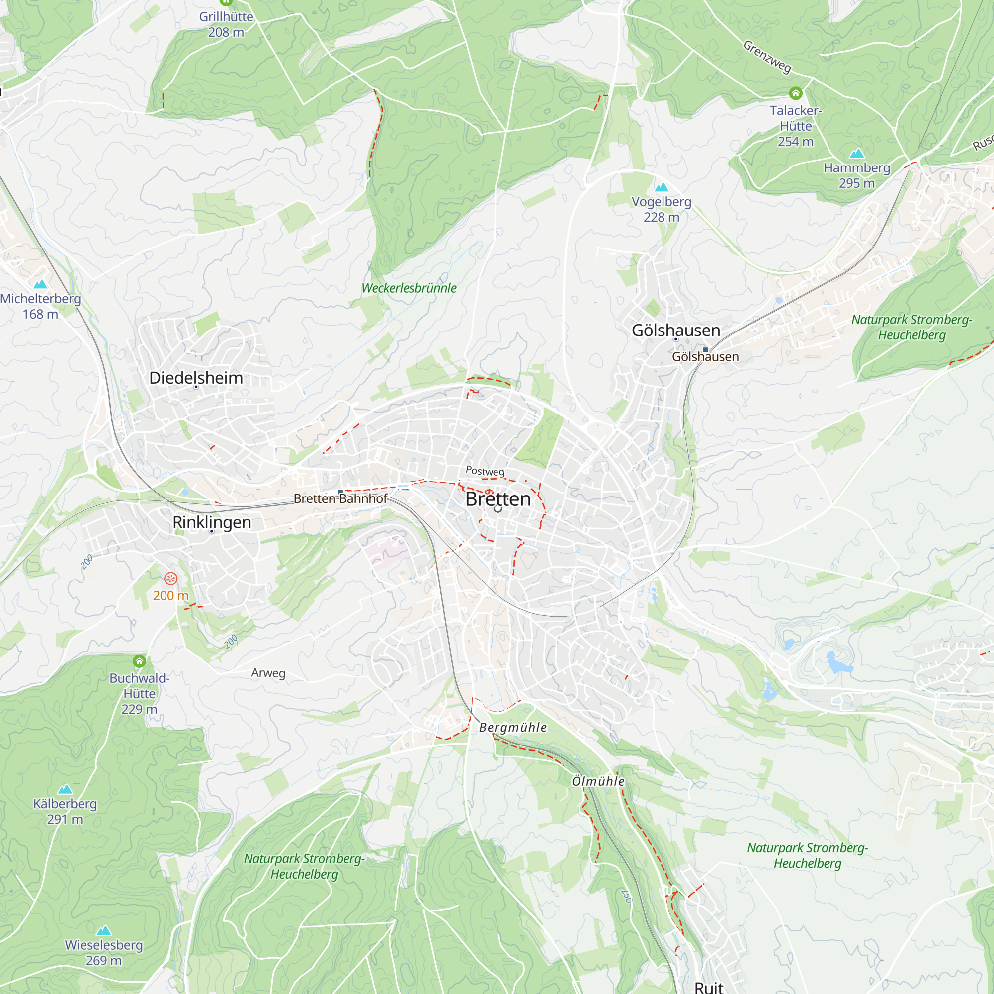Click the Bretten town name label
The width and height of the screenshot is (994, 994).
497,499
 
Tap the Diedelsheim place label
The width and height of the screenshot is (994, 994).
196,378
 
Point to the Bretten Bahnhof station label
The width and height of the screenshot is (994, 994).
340,498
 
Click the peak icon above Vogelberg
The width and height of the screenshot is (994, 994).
661,187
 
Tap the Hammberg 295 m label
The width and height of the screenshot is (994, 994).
857,175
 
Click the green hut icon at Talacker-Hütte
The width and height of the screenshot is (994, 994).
795,93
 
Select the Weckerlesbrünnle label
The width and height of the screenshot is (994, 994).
409,288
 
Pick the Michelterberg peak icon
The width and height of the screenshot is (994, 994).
40,284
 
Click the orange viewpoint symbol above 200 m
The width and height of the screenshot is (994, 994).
171,579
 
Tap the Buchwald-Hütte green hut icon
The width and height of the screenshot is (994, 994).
140,661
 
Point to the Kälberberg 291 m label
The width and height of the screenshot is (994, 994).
65,812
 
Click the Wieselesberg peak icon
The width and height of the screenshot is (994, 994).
104,930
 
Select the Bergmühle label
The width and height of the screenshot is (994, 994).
512,728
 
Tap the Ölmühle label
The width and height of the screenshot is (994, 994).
598,781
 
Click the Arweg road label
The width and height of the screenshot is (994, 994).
268,673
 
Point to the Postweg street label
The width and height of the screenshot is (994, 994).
485,471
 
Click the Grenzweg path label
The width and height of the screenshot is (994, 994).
766,57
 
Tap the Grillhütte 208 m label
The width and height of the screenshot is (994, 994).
226,24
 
